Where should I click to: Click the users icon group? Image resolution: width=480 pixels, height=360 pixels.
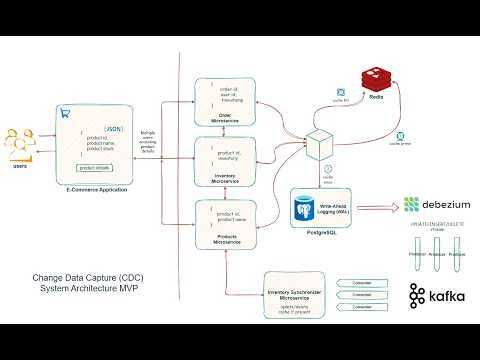coord(19,143)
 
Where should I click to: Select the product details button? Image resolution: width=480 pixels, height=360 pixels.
coord(93,168)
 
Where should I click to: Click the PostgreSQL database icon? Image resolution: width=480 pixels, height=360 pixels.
coord(302,210)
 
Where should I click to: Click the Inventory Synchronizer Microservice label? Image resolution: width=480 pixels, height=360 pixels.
coord(291,296)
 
